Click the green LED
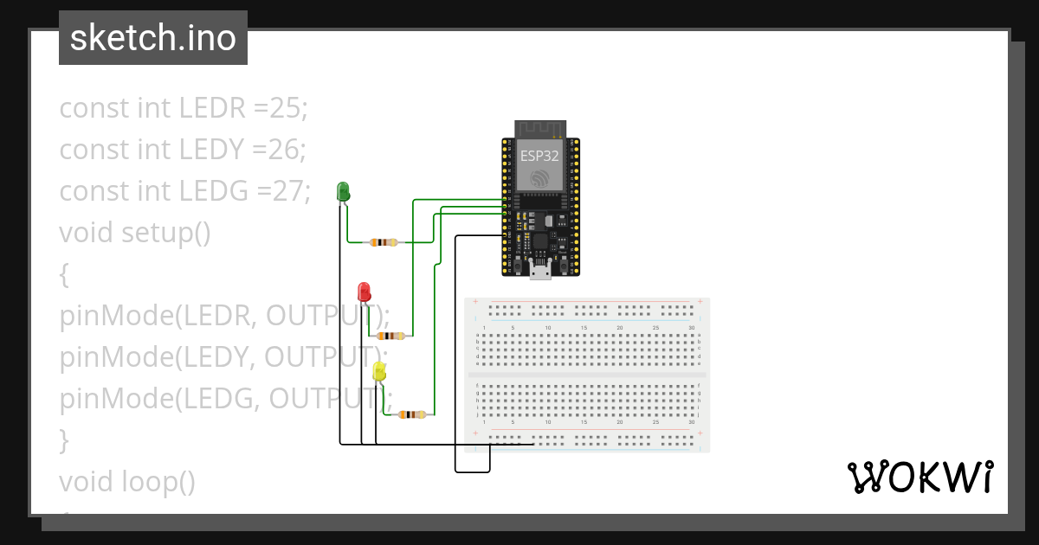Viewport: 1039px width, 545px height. (x=343, y=192)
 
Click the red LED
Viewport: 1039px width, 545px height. (x=365, y=291)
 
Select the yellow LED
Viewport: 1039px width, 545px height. (x=379, y=372)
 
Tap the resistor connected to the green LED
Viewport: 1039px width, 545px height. (x=383, y=242)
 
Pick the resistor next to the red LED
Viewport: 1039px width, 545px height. (x=390, y=336)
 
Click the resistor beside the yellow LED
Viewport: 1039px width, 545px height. (x=410, y=415)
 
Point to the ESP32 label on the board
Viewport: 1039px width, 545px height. (x=539, y=156)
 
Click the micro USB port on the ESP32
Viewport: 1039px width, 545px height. (x=541, y=273)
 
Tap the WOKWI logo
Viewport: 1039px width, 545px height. (x=920, y=477)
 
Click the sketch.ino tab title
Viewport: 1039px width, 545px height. (x=153, y=38)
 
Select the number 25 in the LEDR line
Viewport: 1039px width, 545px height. (x=287, y=108)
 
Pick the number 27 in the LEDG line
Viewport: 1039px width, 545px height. (x=288, y=191)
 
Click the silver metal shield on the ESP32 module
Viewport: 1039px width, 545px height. (x=540, y=164)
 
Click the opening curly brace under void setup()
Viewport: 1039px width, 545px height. (x=63, y=274)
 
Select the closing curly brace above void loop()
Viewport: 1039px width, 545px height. (x=63, y=440)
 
